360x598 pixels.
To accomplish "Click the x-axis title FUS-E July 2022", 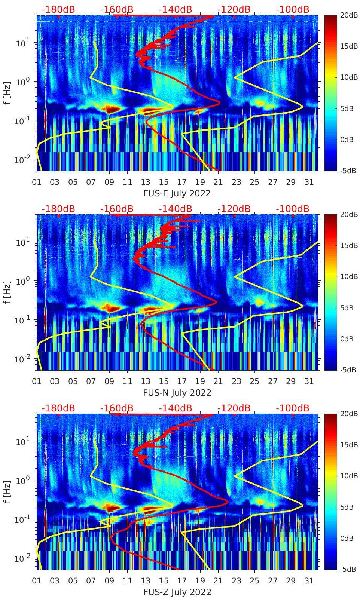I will pos(177,193).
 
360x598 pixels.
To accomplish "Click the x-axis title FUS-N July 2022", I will pos(177,393).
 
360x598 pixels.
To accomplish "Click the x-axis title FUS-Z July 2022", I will pos(177,592).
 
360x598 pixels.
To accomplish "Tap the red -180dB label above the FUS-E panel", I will pos(58,9).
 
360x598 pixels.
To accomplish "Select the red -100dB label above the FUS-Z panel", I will pos(293,408).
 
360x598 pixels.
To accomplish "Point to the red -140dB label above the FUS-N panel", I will pos(175,208).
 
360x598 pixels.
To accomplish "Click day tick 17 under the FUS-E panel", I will pos(182,182).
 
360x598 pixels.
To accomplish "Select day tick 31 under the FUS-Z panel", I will pos(309,581).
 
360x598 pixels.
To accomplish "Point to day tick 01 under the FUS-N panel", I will pos(37,381).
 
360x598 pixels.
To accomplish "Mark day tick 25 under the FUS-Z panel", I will pos(254,581).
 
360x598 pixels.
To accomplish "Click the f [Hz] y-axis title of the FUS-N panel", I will pos(6,292).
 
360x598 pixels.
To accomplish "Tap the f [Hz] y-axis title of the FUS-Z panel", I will pos(6,491).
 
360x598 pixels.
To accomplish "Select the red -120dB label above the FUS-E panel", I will pos(234,9).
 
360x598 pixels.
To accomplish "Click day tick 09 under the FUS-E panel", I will pos(109,182).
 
